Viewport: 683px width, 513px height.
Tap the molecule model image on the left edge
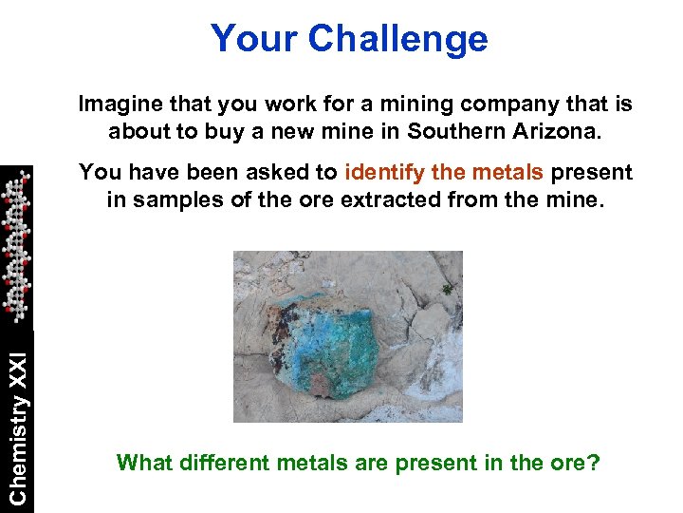pos(15,245)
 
